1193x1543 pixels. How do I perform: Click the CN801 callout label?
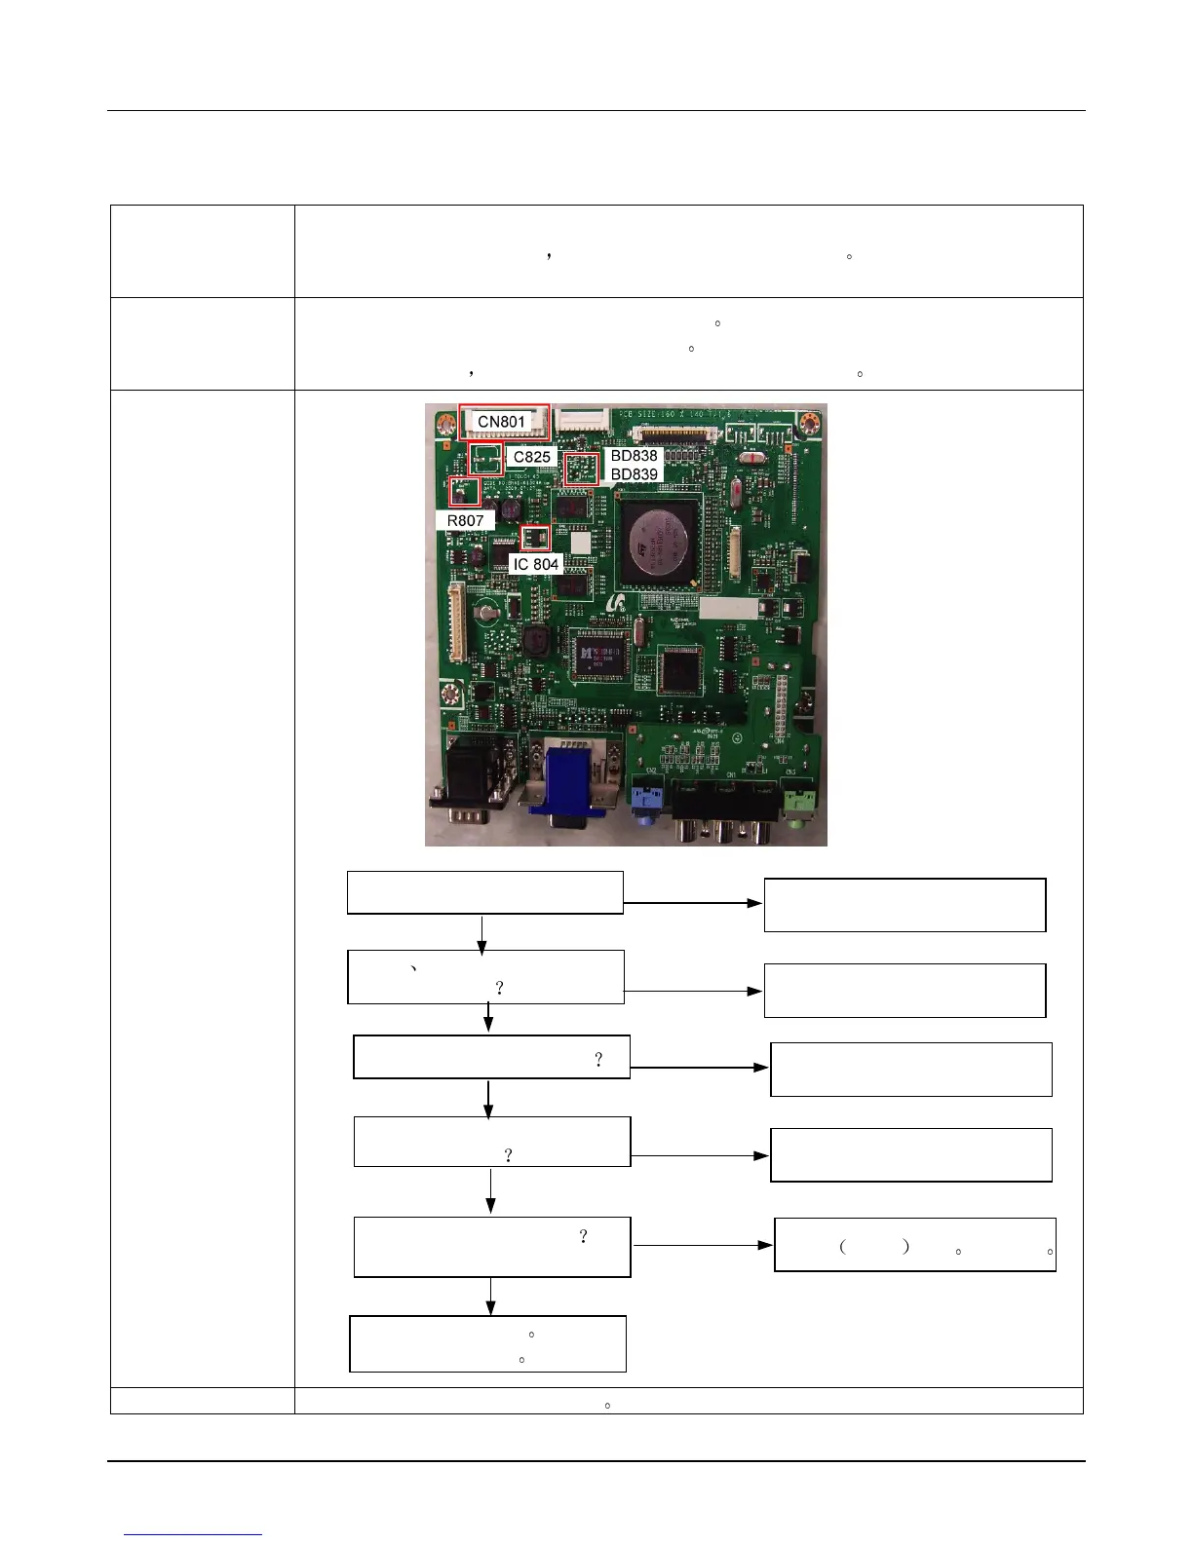pos(501,422)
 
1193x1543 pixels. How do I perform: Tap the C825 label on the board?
pos(531,457)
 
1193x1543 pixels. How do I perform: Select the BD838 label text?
pos(634,456)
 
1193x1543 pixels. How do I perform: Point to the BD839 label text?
pos(634,474)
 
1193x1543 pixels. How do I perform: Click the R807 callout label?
pos(465,521)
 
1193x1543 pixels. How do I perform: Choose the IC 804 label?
pos(536,564)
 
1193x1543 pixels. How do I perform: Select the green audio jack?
pos(800,801)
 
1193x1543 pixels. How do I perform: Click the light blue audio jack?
pos(641,797)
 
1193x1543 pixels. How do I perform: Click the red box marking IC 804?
pos(535,537)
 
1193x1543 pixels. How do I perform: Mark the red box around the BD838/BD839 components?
pos(581,469)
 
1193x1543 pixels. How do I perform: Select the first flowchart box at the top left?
pos(484,892)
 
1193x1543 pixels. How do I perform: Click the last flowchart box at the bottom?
pos(487,1343)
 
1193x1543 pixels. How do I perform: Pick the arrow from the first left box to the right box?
pos(692,903)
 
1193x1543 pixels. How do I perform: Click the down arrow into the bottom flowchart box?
pos(490,1296)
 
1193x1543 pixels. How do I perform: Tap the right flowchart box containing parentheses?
pos(914,1245)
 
